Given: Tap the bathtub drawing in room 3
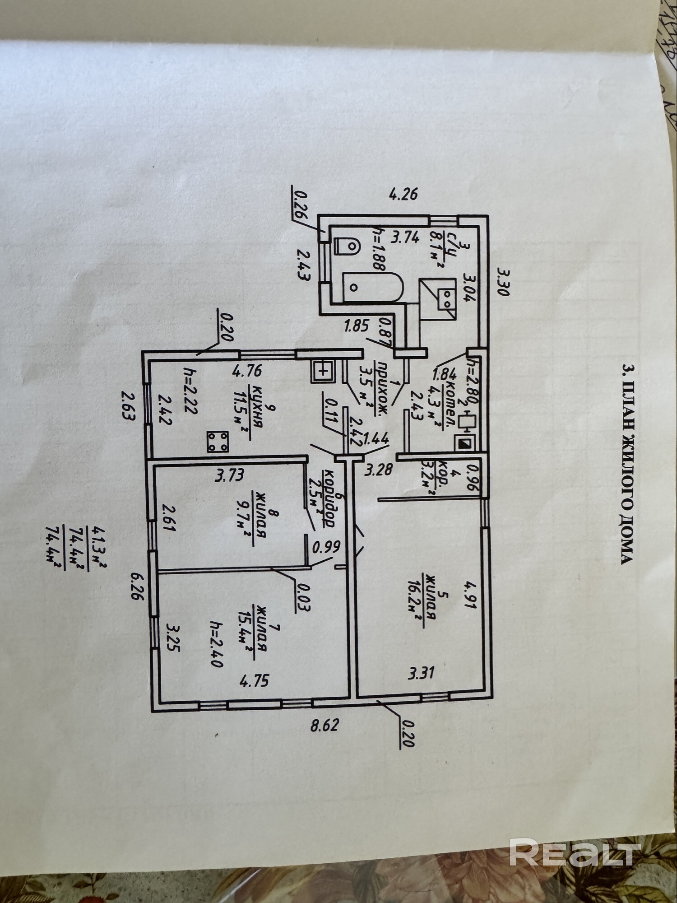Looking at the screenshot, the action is [x=372, y=287].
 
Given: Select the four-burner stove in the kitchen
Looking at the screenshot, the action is [x=218, y=442].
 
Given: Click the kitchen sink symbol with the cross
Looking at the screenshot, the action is [x=322, y=372].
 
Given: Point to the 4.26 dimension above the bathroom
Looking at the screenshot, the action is [x=403, y=195].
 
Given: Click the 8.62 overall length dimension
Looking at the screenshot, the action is [x=325, y=726].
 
